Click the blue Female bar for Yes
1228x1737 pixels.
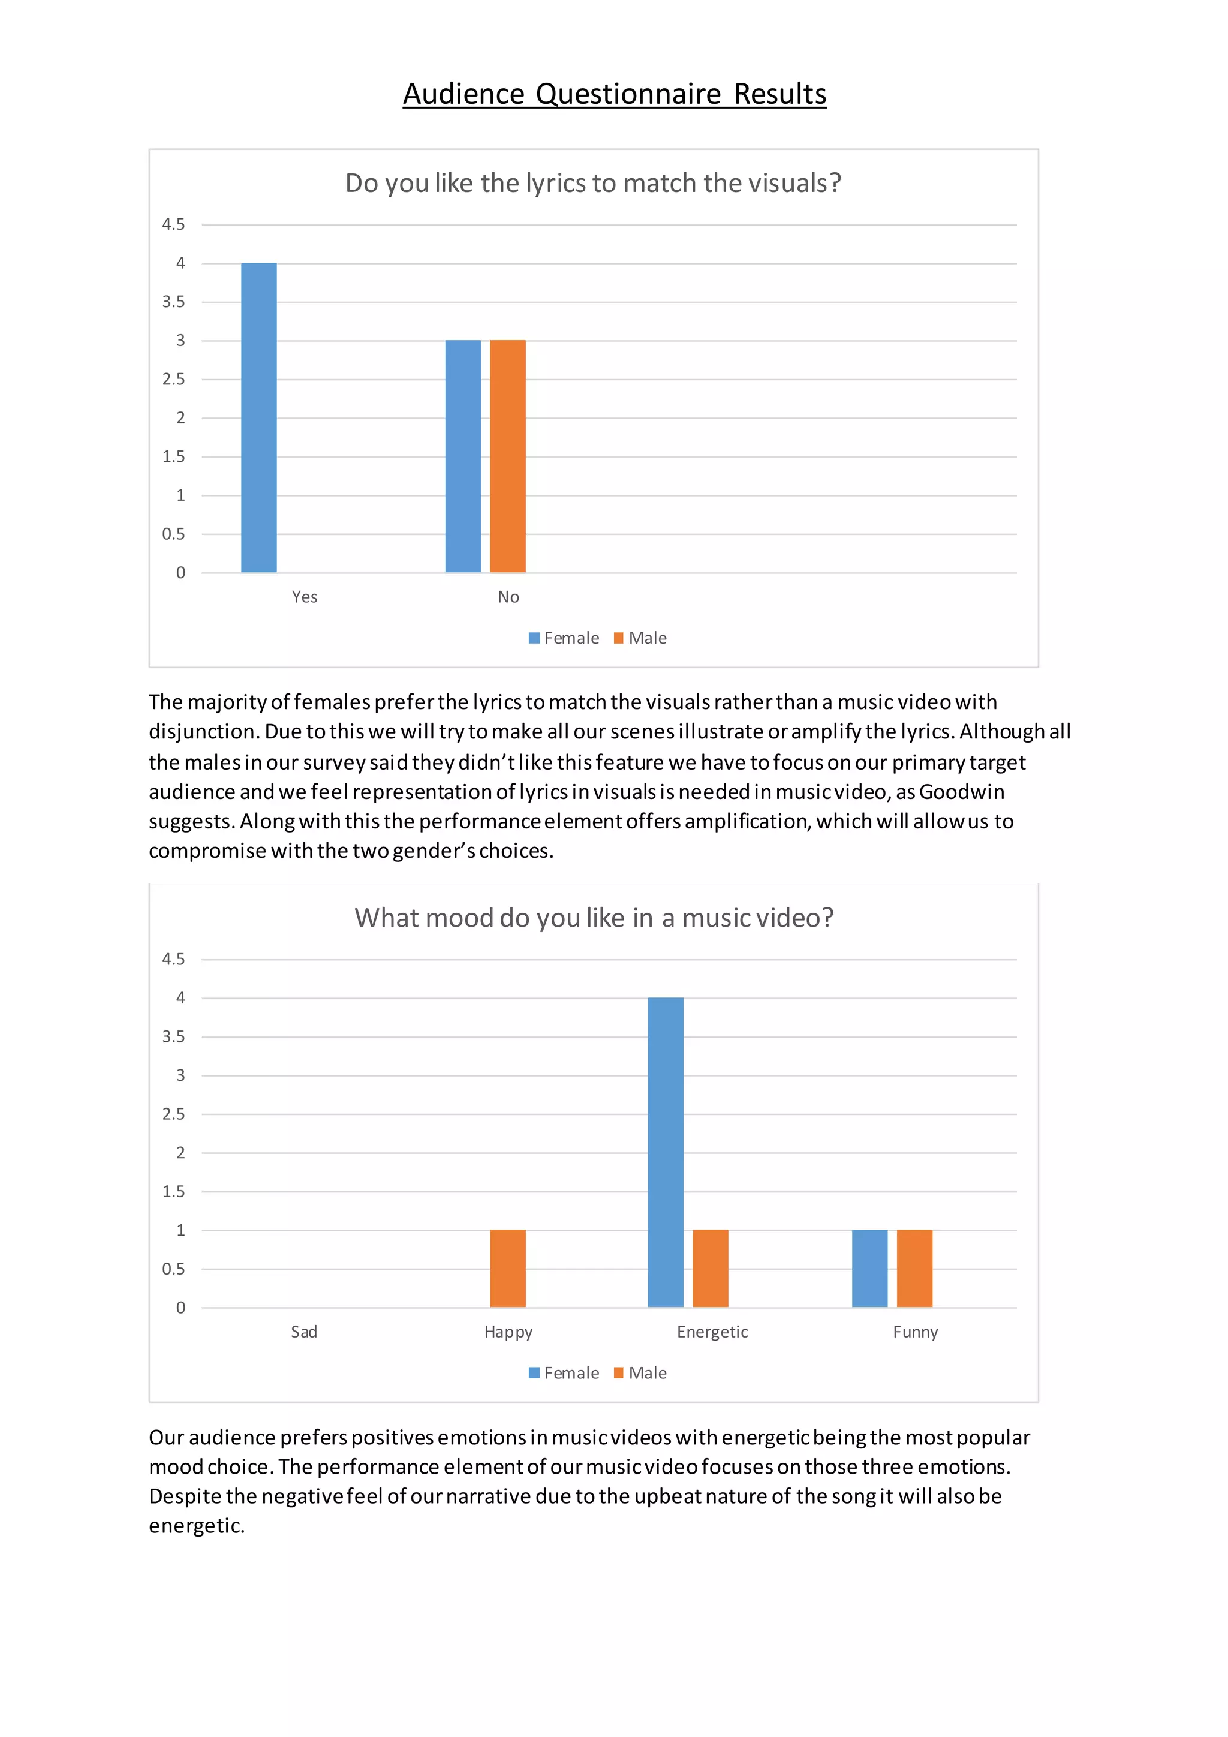pyautogui.click(x=258, y=417)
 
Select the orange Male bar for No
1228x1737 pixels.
pyautogui.click(x=507, y=456)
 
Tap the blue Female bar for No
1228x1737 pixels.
pyautogui.click(x=463, y=456)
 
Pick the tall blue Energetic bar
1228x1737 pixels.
pyautogui.click(x=666, y=1152)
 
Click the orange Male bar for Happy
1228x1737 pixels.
pyautogui.click(x=507, y=1269)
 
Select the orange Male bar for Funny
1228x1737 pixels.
pyautogui.click(x=914, y=1269)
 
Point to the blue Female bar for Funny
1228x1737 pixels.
pyautogui.click(x=869, y=1269)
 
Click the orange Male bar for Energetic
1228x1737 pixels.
pyautogui.click(x=710, y=1269)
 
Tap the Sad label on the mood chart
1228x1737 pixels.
pyautogui.click(x=304, y=1332)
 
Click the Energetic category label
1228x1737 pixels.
pyautogui.click(x=712, y=1332)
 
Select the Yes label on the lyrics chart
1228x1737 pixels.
pyautogui.click(x=305, y=597)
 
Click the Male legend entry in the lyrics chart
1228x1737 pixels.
pyautogui.click(x=640, y=638)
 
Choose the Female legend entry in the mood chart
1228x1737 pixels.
pyautogui.click(x=564, y=1373)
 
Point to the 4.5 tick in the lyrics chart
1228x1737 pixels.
pyautogui.click(x=173, y=224)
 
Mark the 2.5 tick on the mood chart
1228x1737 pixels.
pyautogui.click(x=173, y=1114)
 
